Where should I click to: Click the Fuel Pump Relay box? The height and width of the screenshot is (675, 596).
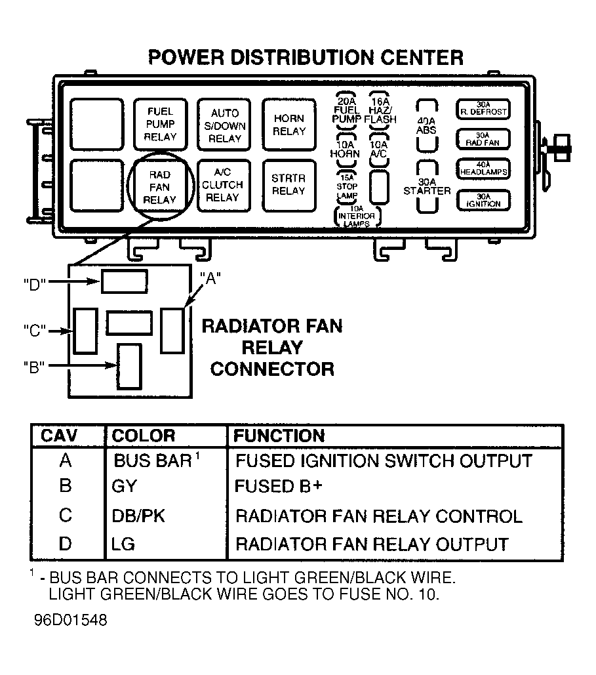pos(161,125)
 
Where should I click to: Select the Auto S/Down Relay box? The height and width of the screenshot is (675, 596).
pos(224,125)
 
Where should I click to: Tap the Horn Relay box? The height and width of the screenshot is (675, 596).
pos(288,125)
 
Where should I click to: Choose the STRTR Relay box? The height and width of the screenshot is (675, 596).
pos(288,186)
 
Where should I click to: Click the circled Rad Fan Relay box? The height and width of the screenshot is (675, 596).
pos(159,187)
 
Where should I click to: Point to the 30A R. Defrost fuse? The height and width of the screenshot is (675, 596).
pos(483,110)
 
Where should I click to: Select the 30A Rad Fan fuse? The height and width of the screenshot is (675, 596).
pos(483,139)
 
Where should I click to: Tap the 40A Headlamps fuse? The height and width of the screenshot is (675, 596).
pos(483,169)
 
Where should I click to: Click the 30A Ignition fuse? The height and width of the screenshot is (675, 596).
pos(483,201)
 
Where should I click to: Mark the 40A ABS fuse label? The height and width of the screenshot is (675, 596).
pos(426,125)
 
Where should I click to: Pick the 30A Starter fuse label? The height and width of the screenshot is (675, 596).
pos(427,186)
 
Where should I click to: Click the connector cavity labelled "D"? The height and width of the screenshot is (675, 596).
pos(125,281)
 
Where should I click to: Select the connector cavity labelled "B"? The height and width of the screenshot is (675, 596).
pos(130,366)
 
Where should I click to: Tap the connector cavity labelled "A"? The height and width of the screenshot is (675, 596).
pos(172,330)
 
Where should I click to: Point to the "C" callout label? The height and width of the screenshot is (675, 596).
pos(35,331)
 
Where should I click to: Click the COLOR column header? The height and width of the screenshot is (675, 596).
pos(144,436)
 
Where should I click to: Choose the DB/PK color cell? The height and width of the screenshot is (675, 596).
pos(138,516)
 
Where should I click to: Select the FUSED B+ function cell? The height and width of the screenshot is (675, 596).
pos(279,486)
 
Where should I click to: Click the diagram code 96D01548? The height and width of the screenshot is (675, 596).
pos(71,621)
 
